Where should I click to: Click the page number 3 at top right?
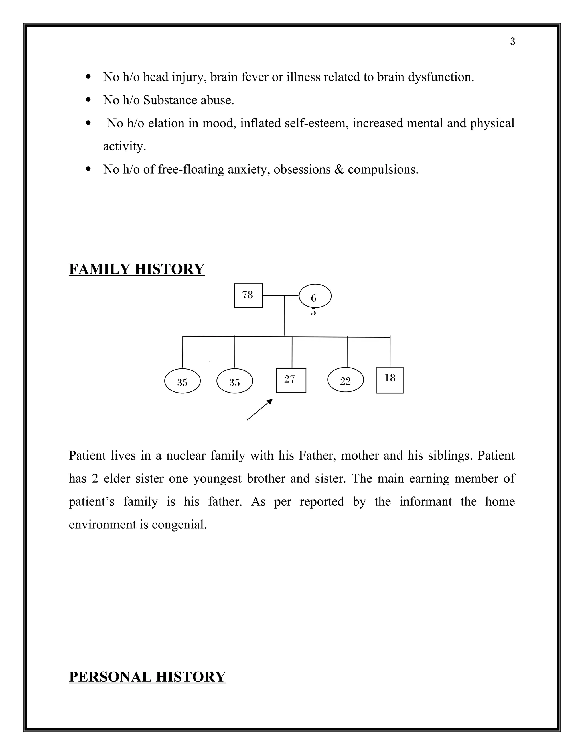[x=512, y=42]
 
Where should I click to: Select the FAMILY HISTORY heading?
[x=137, y=269]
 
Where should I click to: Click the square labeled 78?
[x=248, y=295]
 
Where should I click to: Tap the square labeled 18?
[x=390, y=379]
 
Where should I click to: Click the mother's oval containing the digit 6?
[x=315, y=296]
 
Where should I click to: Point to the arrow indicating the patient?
[x=260, y=409]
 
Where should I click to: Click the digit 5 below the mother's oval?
[x=313, y=312]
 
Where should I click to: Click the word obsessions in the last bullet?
[x=302, y=170]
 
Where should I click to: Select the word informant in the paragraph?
[x=425, y=501]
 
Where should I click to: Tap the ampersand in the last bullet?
[x=339, y=170]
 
